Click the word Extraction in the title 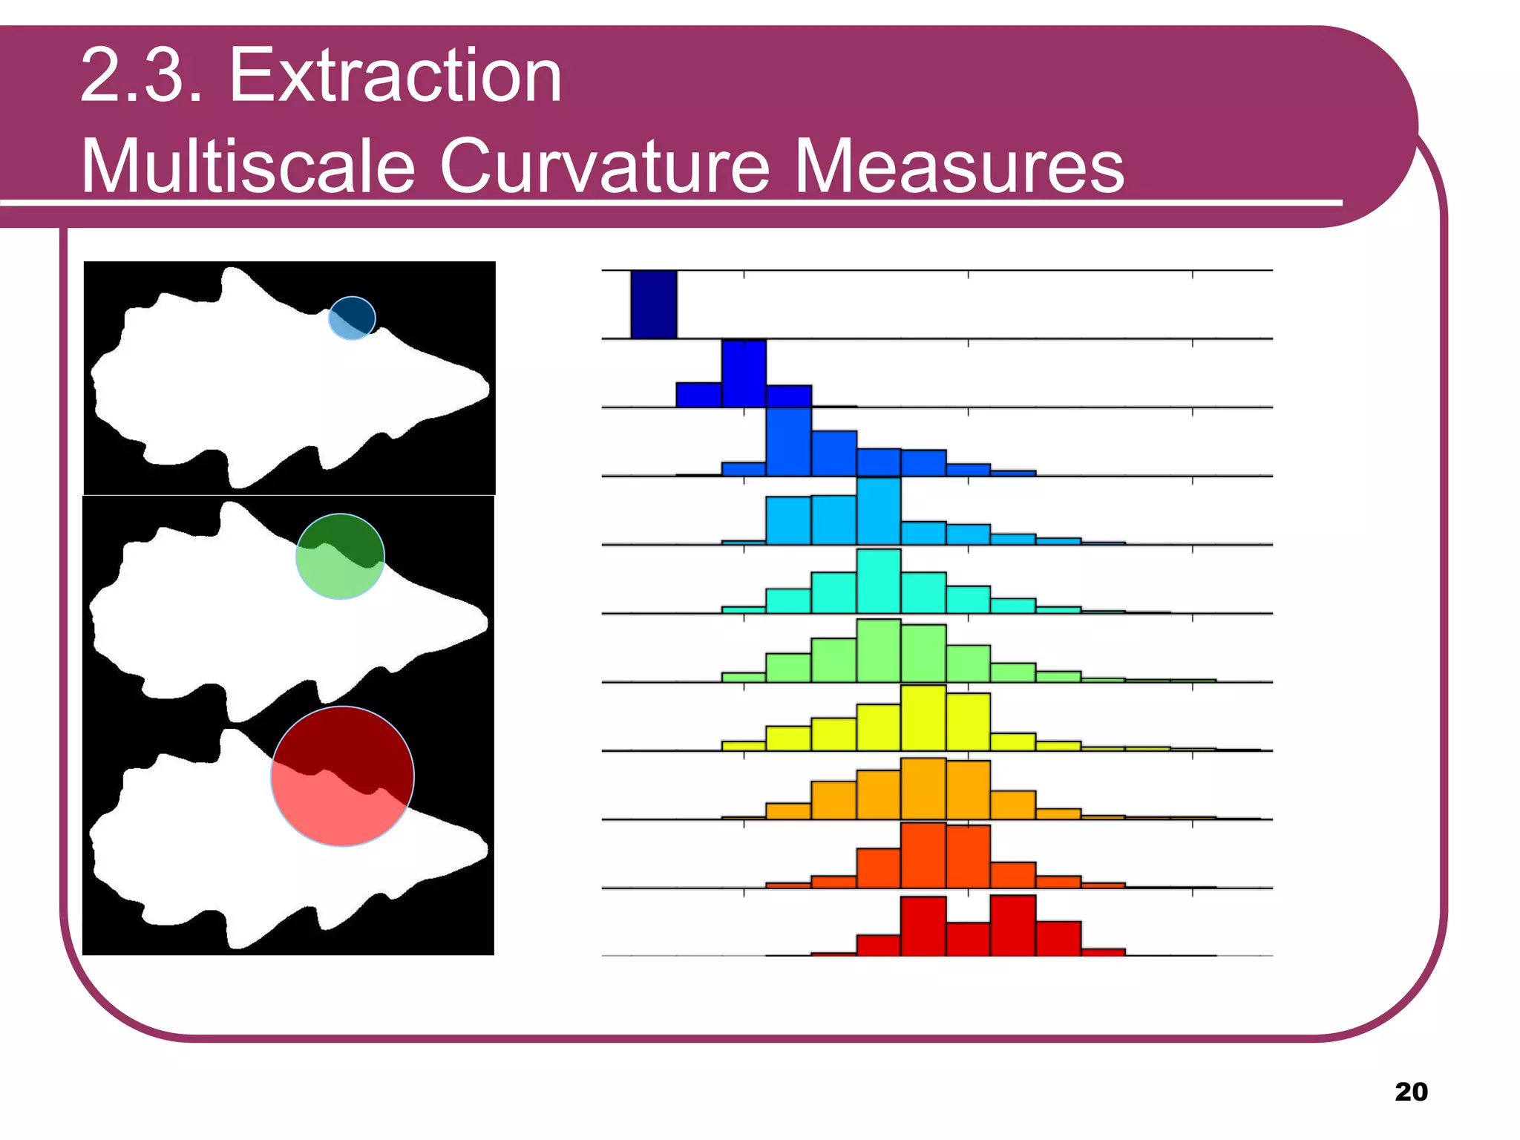coord(395,76)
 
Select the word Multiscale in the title coord(247,166)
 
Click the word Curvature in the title coord(605,166)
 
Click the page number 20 coord(1411,1092)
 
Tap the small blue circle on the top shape coord(352,318)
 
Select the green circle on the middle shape coord(340,556)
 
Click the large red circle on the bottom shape coord(342,776)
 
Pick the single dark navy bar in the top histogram coord(653,304)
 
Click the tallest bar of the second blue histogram coord(744,373)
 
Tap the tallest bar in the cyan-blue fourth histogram coord(878,511)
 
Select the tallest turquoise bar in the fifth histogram coord(878,581)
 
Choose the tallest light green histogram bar coord(878,650)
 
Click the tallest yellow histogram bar coord(923,718)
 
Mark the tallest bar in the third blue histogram coord(788,442)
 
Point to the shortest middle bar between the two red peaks coord(968,939)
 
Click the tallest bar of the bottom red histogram coord(1013,926)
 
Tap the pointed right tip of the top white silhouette coord(487,387)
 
